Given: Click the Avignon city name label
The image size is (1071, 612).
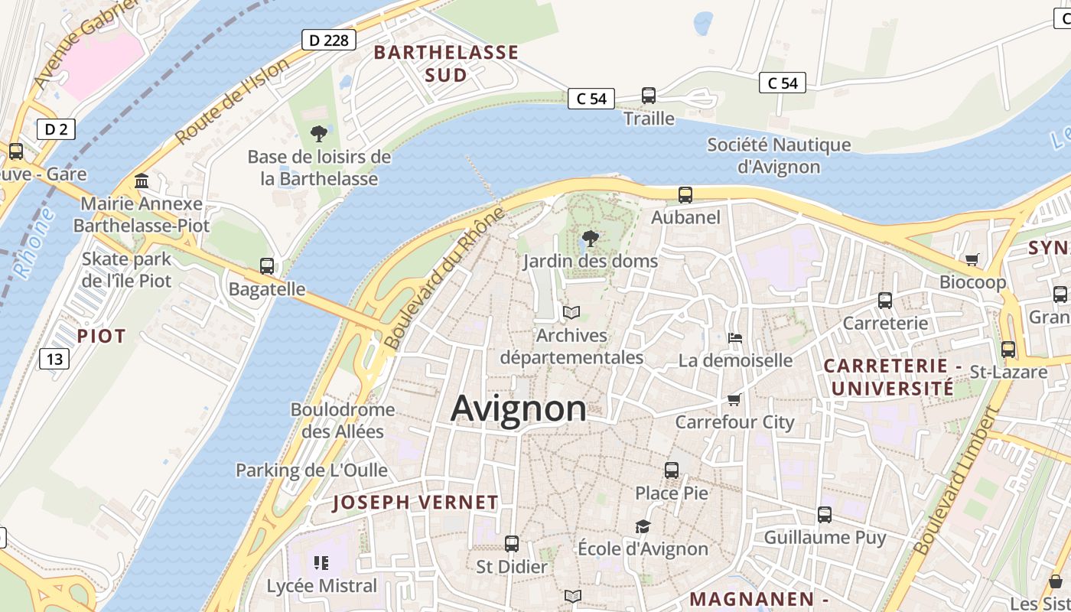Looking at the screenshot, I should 519,409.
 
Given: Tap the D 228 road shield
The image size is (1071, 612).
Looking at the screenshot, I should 329,40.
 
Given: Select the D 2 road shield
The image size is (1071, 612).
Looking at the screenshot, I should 56,129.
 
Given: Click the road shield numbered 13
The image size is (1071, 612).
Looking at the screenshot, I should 55,358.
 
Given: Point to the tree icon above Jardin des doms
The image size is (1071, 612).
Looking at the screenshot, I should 590,239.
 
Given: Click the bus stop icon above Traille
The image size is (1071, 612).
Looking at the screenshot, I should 649,96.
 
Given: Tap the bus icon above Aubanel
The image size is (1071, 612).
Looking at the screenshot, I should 685,195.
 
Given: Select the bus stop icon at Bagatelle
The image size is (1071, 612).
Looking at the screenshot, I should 267,266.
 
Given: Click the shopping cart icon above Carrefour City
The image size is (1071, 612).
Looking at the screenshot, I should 734,399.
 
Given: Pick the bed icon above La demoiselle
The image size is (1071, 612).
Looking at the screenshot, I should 735,337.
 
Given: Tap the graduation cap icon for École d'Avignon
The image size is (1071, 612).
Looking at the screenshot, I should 643,526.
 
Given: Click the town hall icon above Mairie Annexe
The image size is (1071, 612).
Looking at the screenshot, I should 142,181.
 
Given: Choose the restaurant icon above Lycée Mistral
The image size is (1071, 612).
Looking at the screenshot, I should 321,564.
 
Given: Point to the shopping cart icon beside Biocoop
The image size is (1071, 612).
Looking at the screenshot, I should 972,259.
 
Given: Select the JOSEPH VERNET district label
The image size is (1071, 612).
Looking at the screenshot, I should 415,503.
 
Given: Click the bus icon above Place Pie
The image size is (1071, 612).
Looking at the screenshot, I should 672,470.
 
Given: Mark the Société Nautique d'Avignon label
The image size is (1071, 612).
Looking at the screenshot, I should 779,155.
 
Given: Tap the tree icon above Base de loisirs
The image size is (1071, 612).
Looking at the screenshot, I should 319,135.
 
